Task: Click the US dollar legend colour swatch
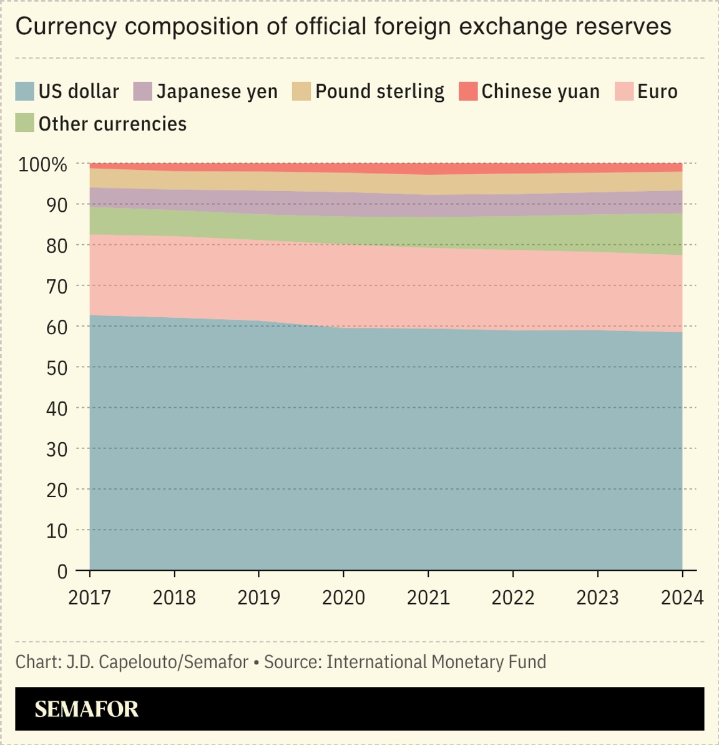pos(24,92)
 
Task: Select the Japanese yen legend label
pos(217,92)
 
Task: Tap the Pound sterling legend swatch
pos(301,92)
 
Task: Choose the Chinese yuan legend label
pos(540,92)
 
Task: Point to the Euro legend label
pos(657,92)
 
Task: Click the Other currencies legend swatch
pos(24,123)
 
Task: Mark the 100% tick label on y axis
pos(42,165)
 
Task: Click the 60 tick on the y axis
pos(56,327)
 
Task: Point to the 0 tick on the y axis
pos(62,571)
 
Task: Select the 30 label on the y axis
pos(56,450)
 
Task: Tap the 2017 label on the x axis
pos(89,598)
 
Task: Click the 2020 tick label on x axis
pos(343,598)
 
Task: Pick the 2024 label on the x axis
pos(682,598)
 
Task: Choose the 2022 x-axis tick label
pos(513,598)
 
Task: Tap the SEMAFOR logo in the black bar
pos(86,709)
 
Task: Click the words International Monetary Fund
pos(436,662)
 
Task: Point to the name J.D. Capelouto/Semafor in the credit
pos(157,662)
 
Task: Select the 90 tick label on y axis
pos(56,205)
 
